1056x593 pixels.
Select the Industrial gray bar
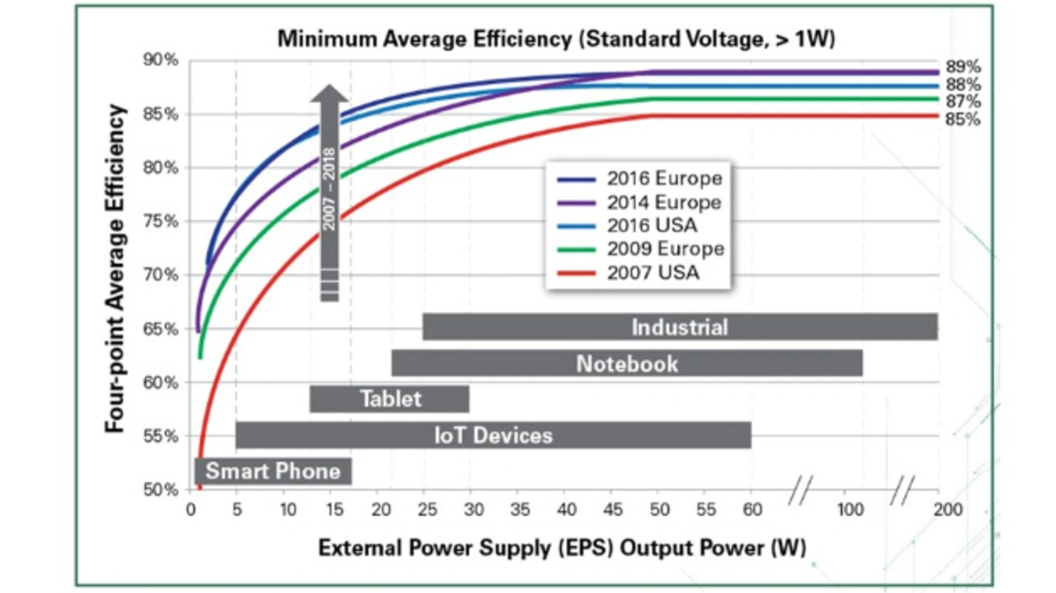click(680, 327)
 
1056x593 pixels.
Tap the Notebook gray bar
click(627, 363)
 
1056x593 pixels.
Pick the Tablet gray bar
click(389, 399)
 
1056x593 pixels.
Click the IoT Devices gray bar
click(493, 435)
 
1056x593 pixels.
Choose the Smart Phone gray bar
click(273, 471)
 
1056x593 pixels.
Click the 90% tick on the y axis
click(163, 60)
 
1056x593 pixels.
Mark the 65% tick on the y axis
click(163, 329)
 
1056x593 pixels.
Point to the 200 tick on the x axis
click(948, 509)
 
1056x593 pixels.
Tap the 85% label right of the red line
click(963, 120)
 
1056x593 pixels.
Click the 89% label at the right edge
click(963, 68)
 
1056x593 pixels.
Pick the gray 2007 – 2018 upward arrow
click(330, 193)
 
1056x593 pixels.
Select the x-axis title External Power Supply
click(562, 547)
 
